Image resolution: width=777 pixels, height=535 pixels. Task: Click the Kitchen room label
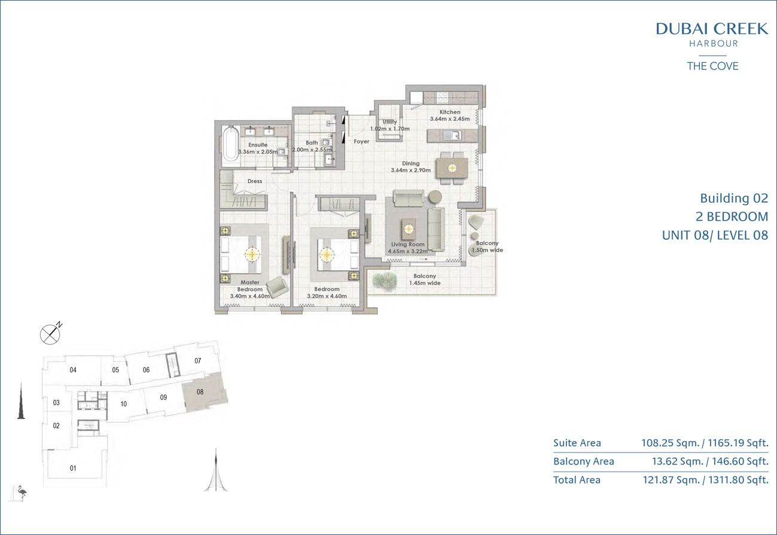tap(450, 112)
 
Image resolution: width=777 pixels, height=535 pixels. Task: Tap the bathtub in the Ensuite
tap(230, 144)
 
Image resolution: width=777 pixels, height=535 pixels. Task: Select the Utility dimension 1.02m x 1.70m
tap(390, 129)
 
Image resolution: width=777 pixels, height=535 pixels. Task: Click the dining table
tap(452, 168)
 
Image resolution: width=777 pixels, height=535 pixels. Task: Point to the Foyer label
tap(361, 142)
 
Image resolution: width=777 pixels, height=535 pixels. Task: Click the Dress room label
tap(255, 181)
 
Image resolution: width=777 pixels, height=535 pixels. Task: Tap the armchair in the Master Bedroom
tap(277, 287)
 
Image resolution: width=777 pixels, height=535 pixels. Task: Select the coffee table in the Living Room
tap(409, 229)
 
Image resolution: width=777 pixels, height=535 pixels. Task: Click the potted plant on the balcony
tap(385, 280)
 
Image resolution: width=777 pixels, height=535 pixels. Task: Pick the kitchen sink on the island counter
tap(453, 135)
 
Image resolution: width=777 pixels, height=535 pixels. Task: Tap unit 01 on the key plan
tap(73, 468)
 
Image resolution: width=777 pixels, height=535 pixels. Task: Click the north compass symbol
tap(51, 334)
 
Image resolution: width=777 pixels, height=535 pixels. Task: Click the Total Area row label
tap(577, 480)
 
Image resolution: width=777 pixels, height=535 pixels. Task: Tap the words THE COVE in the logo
tap(712, 66)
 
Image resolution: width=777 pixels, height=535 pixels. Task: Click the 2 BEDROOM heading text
tap(732, 216)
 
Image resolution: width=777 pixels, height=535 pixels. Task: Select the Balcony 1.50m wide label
tap(487, 246)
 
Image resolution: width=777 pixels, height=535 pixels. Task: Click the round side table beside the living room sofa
tap(435, 197)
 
